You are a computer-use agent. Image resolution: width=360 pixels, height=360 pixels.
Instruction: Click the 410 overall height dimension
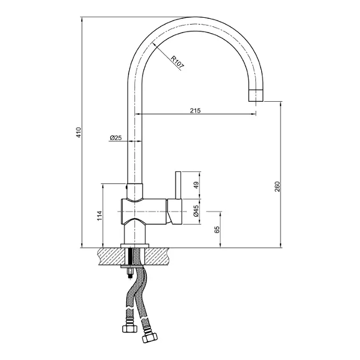tap(79, 132)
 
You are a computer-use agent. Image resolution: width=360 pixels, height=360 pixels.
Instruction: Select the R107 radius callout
tap(178, 62)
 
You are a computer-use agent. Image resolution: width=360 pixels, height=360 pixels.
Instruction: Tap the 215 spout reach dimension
tap(195, 110)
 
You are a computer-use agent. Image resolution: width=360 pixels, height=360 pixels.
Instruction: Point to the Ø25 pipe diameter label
tap(115, 138)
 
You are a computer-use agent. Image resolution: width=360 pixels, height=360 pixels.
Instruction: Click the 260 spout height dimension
tap(277, 187)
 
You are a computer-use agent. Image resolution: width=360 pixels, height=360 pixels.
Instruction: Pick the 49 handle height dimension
tap(196, 185)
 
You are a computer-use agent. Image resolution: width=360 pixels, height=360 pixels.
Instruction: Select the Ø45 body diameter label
tap(196, 211)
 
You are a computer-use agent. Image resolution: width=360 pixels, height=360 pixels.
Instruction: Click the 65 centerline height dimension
tap(217, 230)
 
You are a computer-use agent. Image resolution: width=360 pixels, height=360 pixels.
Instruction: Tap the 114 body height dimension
tap(99, 215)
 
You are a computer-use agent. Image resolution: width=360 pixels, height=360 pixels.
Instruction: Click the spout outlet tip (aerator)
tap(256, 95)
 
